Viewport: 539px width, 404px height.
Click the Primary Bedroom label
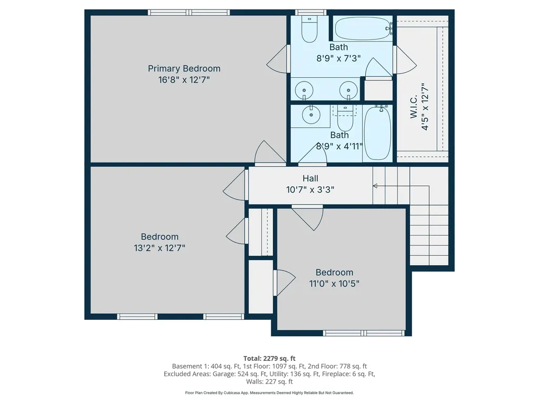point(184,68)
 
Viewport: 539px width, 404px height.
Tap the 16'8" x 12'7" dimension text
point(184,80)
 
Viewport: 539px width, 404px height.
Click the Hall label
point(310,179)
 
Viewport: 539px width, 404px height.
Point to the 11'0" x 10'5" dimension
point(334,284)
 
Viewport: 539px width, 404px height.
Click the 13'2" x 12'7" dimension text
point(159,248)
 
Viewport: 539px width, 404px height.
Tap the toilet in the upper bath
point(309,29)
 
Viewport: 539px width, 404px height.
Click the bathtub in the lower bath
point(377,133)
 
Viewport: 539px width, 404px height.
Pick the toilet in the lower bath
point(345,120)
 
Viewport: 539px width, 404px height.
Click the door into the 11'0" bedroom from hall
point(308,217)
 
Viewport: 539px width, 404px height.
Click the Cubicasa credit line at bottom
point(269,392)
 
